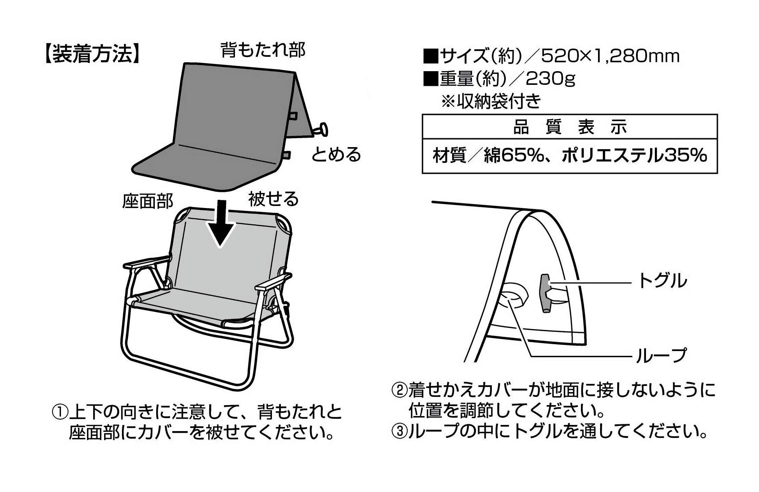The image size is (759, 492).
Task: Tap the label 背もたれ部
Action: [262, 50]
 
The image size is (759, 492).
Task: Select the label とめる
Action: [336, 155]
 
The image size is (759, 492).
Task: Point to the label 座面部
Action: [148, 202]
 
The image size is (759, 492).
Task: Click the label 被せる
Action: [273, 199]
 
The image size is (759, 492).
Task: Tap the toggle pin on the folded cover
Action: [321, 130]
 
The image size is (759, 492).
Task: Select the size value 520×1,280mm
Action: [610, 57]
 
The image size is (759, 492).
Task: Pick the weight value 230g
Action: [551, 79]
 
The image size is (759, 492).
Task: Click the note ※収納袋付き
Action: [491, 102]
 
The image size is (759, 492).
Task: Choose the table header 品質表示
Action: [570, 127]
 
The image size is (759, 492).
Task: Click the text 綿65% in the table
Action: [514, 156]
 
